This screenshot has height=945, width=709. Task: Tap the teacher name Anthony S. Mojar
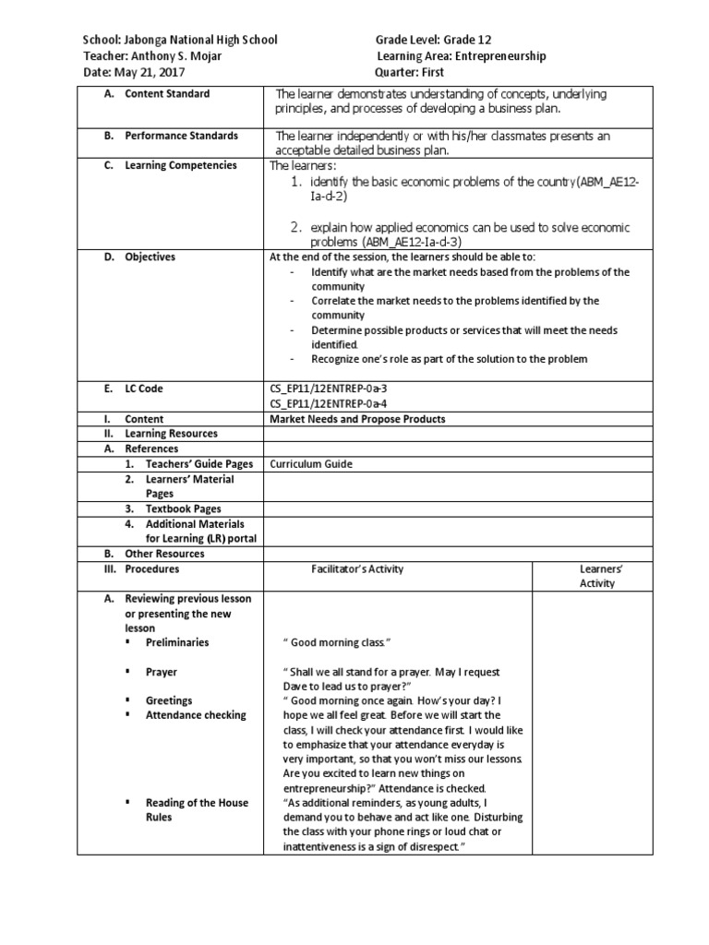tap(174, 56)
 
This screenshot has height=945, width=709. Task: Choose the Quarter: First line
tap(410, 72)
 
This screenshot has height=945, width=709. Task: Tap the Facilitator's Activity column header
tap(357, 569)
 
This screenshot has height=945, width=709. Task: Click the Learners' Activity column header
tap(596, 576)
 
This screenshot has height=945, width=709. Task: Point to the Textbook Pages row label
tap(183, 508)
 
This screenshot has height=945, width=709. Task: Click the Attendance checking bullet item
tap(196, 715)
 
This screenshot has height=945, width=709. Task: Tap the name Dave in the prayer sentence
tap(294, 687)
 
